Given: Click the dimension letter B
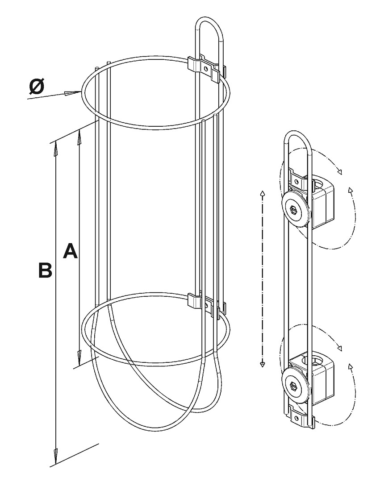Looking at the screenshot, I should tap(45, 270).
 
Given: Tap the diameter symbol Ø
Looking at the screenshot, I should tap(37, 87).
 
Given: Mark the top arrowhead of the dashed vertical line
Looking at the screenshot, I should tap(263, 194).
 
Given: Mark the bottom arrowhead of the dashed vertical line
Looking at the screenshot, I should tap(263, 364).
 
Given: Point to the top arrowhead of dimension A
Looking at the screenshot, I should tap(79, 136).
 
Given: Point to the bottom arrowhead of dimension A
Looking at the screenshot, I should tap(79, 357).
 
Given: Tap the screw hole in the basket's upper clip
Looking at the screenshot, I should tap(205, 68).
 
